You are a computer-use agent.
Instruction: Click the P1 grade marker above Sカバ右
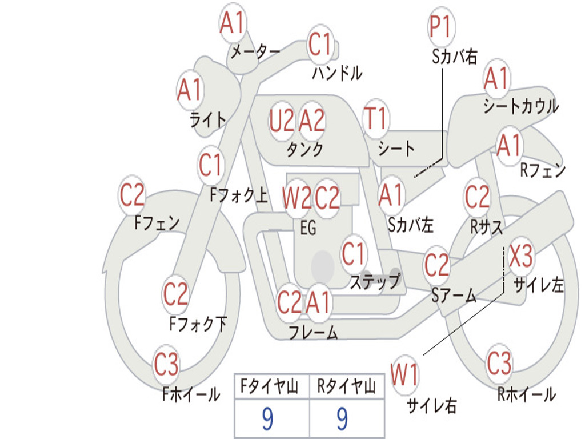pyautogui.click(x=442, y=26)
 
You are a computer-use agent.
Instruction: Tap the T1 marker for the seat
pyautogui.click(x=376, y=119)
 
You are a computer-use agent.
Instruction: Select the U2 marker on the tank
pyautogui.click(x=282, y=121)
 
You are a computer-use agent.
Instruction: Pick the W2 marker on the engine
pyautogui.click(x=296, y=197)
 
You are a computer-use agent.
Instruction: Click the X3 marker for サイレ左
pyautogui.click(x=521, y=256)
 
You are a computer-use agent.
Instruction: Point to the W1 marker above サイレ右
pyautogui.click(x=404, y=374)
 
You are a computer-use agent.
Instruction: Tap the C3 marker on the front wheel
pyautogui.click(x=166, y=364)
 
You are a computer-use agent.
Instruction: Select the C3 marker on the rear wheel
pyautogui.click(x=499, y=363)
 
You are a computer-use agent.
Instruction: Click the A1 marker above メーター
pyautogui.click(x=233, y=22)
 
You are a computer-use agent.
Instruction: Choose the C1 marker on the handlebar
pyautogui.click(x=320, y=43)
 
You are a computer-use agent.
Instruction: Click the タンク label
pyautogui.click(x=305, y=149)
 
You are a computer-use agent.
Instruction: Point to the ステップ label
pyautogui.click(x=375, y=281)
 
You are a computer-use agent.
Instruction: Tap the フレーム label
pyautogui.click(x=314, y=332)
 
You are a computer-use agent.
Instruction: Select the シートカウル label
pyautogui.click(x=521, y=106)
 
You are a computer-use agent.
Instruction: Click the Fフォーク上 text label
pyautogui.click(x=239, y=195)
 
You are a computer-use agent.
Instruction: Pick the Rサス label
pyautogui.click(x=486, y=226)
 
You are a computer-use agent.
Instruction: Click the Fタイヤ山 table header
pyautogui.click(x=270, y=386)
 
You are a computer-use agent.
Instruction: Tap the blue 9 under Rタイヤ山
pyautogui.click(x=343, y=419)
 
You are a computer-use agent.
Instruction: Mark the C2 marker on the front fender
pyautogui.click(x=132, y=195)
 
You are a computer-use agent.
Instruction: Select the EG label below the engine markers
pyautogui.click(x=308, y=228)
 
